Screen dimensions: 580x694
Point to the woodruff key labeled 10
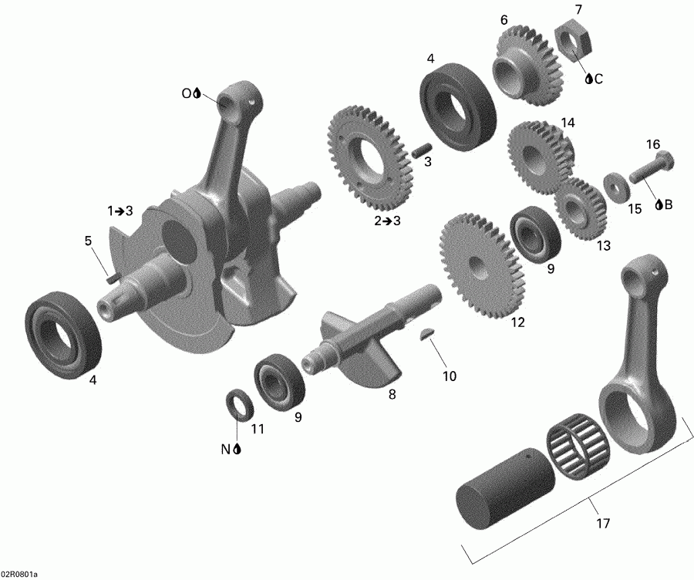coord(426,334)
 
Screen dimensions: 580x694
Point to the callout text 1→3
coord(120,211)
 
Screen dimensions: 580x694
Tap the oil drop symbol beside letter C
coord(588,79)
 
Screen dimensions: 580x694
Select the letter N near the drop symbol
coord(227,450)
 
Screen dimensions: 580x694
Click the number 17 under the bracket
coord(603,524)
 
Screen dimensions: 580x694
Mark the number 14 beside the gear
coord(568,123)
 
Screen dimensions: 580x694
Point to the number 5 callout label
coord(89,241)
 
